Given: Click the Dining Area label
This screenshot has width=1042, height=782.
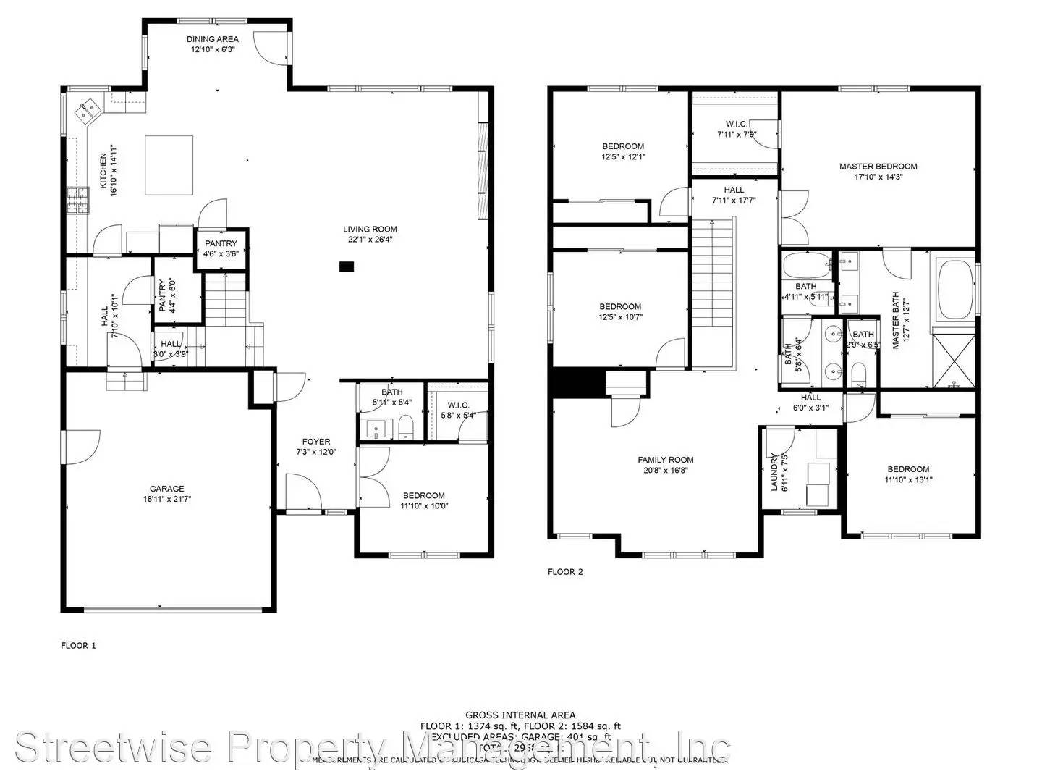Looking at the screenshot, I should [x=213, y=39].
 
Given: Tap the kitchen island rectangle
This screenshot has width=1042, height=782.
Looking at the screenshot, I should [x=169, y=165].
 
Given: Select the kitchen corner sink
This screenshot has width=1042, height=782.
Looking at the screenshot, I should [x=90, y=111].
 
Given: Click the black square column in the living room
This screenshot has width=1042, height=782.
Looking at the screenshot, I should [x=347, y=266].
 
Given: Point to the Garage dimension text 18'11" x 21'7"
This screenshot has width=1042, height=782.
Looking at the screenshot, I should [x=167, y=499].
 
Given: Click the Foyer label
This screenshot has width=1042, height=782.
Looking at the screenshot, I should [x=316, y=442].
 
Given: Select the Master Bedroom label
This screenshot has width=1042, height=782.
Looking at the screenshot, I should [x=878, y=167].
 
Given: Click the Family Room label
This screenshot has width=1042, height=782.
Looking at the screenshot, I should [x=665, y=460].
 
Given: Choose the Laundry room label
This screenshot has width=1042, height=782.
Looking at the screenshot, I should [x=775, y=472].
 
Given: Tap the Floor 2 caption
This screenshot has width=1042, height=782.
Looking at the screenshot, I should [x=565, y=572].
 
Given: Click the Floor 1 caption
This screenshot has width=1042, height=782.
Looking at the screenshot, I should [x=78, y=646].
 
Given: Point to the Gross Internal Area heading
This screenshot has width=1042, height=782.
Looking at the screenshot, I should [x=520, y=715].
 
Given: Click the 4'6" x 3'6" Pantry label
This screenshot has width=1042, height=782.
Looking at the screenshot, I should [x=221, y=244].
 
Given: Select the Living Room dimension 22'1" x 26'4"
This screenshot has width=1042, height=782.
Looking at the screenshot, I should [x=370, y=240].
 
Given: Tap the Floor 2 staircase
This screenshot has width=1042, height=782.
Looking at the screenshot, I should [x=713, y=290].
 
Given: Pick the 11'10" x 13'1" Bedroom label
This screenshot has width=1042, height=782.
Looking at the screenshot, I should [x=908, y=469].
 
